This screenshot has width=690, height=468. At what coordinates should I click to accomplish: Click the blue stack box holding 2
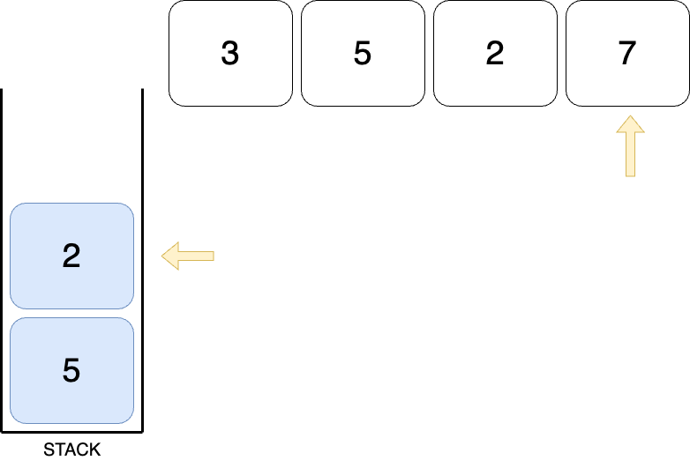pyautogui.click(x=71, y=256)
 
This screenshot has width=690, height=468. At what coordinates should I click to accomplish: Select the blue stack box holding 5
pyautogui.click(x=71, y=370)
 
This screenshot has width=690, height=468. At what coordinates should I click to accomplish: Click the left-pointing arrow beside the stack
pyautogui.click(x=188, y=256)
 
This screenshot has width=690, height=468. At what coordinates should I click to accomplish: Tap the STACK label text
pyautogui.click(x=71, y=450)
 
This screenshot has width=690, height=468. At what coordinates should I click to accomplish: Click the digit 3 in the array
pyautogui.click(x=230, y=54)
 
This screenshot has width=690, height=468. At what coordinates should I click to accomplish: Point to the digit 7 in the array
pyautogui.click(x=627, y=54)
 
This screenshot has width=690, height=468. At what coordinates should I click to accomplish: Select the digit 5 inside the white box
pyautogui.click(x=363, y=54)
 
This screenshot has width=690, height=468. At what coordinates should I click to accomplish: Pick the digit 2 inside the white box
pyautogui.click(x=495, y=54)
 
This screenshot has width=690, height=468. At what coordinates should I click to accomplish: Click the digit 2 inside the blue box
pyautogui.click(x=71, y=256)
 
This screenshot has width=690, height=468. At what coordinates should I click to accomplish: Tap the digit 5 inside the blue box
pyautogui.click(x=71, y=371)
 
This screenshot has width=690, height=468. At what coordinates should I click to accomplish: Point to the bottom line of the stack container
pyautogui.click(x=71, y=432)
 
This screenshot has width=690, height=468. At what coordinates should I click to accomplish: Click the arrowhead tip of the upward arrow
pyautogui.click(x=630, y=118)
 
